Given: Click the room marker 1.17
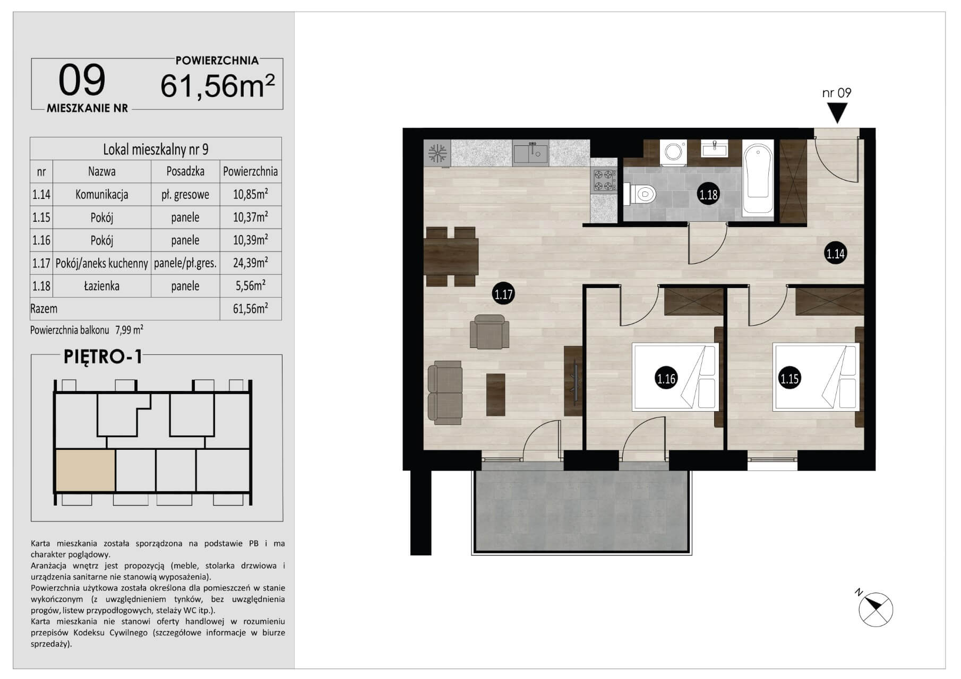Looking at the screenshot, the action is click(503, 294).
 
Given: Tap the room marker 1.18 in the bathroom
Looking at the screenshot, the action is click(708, 195).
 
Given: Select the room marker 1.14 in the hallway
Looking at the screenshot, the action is click(835, 254).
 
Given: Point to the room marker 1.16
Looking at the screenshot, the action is click(666, 379).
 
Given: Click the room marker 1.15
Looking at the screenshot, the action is click(789, 378).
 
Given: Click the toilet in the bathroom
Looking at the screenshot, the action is click(639, 194).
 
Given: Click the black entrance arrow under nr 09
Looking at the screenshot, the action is click(837, 112).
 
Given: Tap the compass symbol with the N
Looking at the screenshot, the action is click(876, 609).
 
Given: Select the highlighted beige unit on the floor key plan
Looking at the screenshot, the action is click(85, 471).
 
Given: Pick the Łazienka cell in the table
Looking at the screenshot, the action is click(101, 286).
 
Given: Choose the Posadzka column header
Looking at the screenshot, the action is click(185, 172).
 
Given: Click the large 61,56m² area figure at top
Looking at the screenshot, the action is click(218, 86).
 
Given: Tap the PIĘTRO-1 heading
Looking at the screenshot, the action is click(103, 357).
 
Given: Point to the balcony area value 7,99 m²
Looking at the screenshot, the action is click(129, 330).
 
